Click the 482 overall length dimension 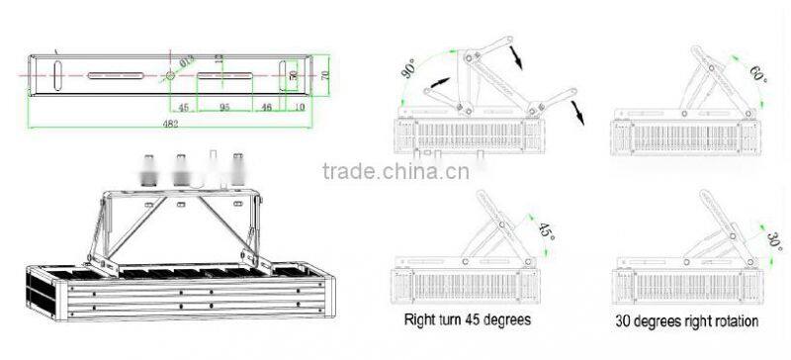point(173,124)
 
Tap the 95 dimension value point(224,106)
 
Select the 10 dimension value point(299,106)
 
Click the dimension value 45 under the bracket point(184,106)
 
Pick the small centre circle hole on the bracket point(171,75)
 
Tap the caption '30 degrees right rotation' point(687,320)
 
